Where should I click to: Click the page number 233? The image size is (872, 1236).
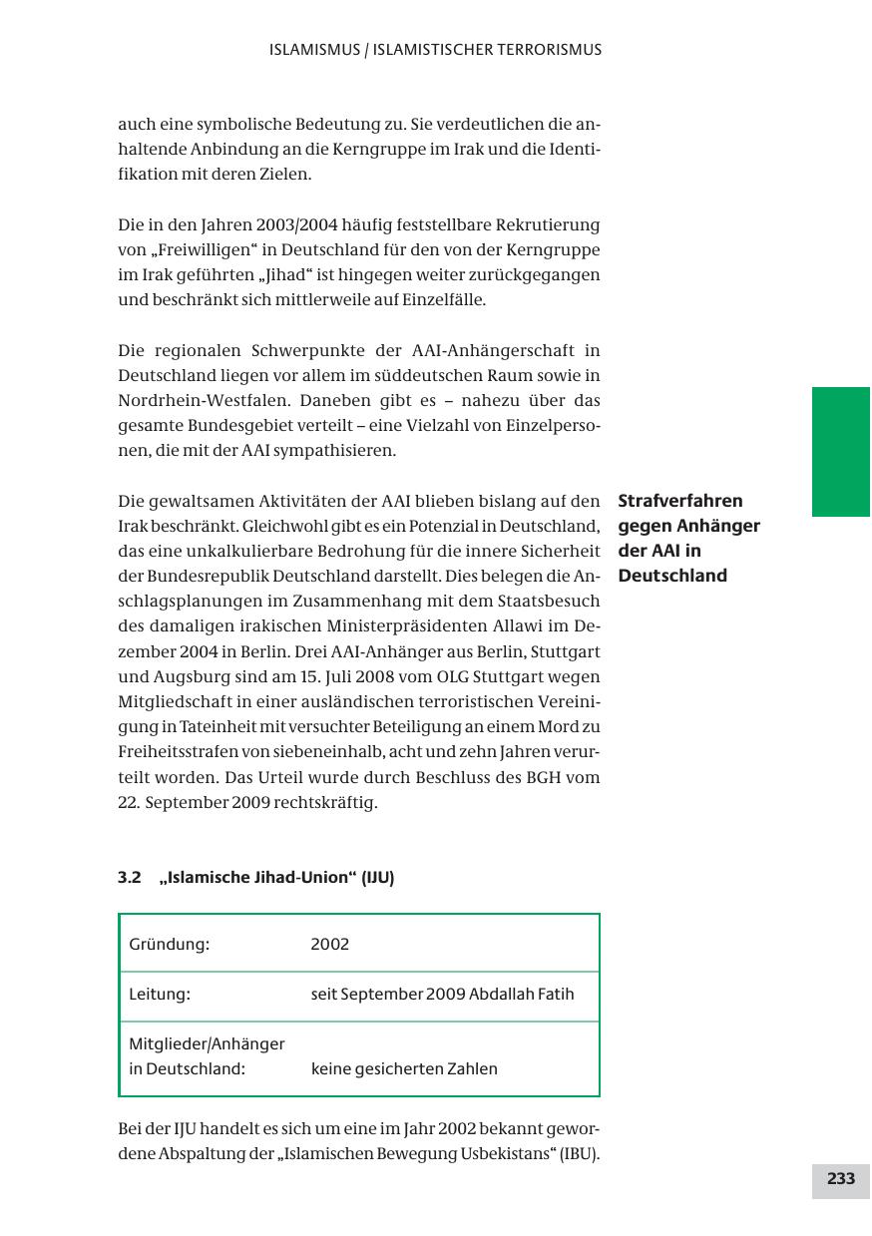click(840, 1179)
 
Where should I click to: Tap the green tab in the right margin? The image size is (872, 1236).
click(840, 451)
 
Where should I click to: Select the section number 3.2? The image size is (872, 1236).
click(130, 878)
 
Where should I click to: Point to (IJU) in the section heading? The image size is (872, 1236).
click(377, 878)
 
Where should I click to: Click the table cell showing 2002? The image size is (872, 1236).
click(330, 944)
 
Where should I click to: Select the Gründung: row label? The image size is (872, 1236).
click(169, 944)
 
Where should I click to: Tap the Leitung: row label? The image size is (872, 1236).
click(160, 994)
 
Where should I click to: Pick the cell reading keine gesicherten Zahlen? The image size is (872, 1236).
click(404, 1069)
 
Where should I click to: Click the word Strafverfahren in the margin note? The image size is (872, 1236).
click(680, 501)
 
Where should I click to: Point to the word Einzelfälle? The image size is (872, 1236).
click(444, 299)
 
